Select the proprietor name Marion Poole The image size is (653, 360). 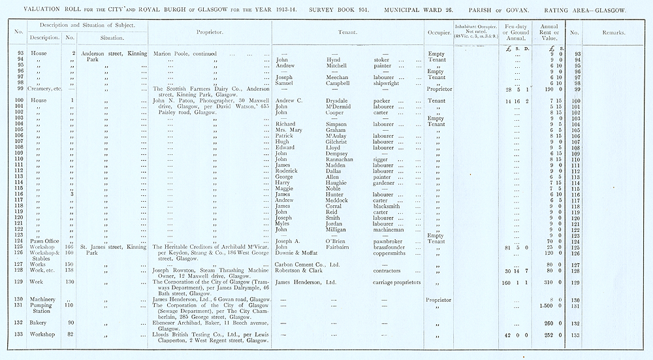pyautogui.click(x=172, y=54)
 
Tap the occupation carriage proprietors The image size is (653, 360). pyautogui.click(x=397, y=282)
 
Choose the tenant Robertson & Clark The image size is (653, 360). pyautogui.click(x=306, y=270)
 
